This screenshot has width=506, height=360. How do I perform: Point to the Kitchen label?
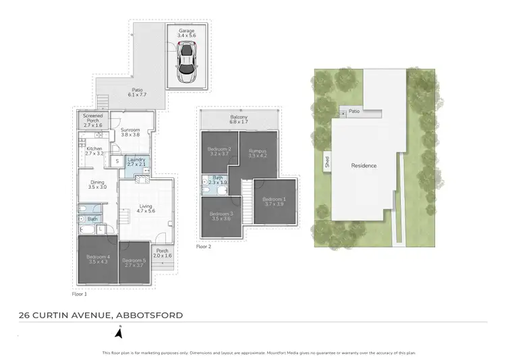click(x=94, y=150)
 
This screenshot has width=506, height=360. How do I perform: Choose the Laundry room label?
click(x=137, y=161)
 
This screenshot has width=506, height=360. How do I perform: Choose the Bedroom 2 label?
click(x=220, y=152)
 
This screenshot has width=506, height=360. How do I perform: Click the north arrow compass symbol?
click(x=119, y=332)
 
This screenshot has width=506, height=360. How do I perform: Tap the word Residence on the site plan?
click(x=363, y=165)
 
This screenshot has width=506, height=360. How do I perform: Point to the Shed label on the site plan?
click(x=326, y=162)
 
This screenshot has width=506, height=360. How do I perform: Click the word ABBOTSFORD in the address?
click(x=149, y=315)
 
